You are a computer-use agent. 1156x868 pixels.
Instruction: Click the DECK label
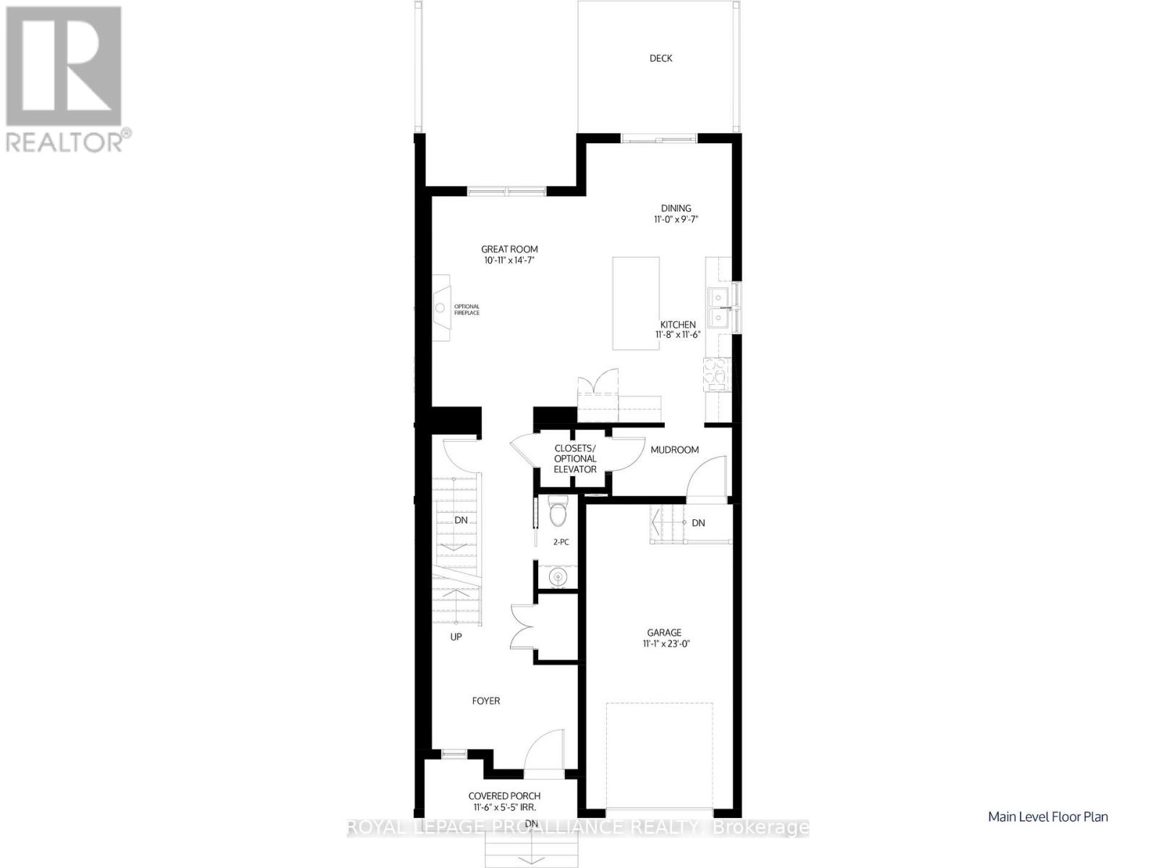660,59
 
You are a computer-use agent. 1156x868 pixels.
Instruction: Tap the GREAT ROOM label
509,250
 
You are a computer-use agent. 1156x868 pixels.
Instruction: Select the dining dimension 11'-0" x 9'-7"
676,218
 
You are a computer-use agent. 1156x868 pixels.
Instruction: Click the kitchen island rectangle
636,303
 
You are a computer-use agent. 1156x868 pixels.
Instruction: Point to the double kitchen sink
719,307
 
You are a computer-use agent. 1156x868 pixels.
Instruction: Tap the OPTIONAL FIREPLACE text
467,310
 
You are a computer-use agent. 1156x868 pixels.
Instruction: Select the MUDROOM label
674,450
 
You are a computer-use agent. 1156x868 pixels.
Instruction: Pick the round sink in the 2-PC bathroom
557,577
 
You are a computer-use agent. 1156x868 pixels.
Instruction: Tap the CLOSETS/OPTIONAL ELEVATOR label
575,459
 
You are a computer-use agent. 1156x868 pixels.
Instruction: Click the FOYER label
485,700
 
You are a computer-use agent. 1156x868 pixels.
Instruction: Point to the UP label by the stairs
456,637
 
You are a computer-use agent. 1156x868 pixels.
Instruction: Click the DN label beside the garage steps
698,523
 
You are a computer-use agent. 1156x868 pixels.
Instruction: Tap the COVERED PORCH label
503,796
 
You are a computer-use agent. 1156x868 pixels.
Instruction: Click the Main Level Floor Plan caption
1047,817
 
